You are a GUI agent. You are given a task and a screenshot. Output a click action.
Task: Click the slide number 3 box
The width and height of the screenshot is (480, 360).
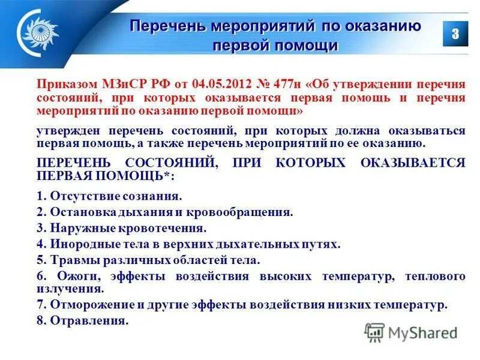pyautogui.click(x=455, y=34)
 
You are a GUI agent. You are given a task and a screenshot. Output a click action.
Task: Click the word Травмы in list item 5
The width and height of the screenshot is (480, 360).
pyautogui.click(x=68, y=261)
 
